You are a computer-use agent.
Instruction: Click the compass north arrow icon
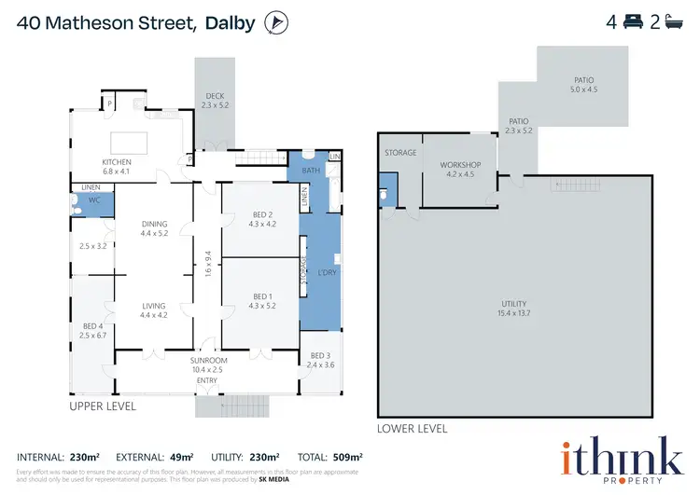click(275, 22)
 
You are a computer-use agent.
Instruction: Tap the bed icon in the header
click(638, 22)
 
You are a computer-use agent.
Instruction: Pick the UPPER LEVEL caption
click(103, 406)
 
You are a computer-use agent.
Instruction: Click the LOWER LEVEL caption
click(412, 429)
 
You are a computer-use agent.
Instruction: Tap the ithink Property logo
click(621, 459)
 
